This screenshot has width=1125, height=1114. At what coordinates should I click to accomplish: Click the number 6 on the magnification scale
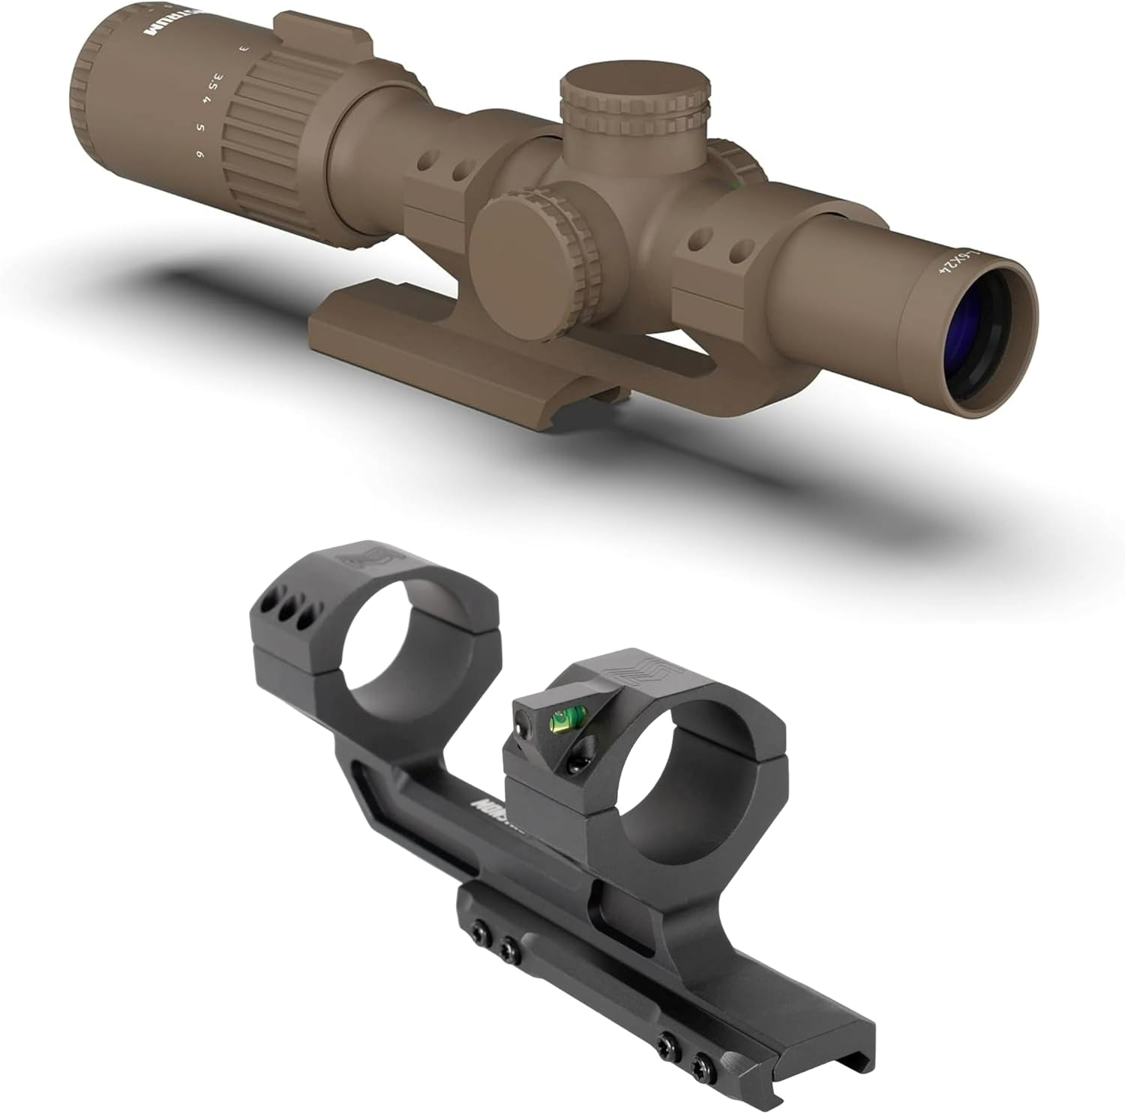(x=199, y=154)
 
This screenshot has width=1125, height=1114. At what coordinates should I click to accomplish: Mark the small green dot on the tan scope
(x=733, y=182)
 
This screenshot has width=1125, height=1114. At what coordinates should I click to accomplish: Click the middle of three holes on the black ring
(x=287, y=610)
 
